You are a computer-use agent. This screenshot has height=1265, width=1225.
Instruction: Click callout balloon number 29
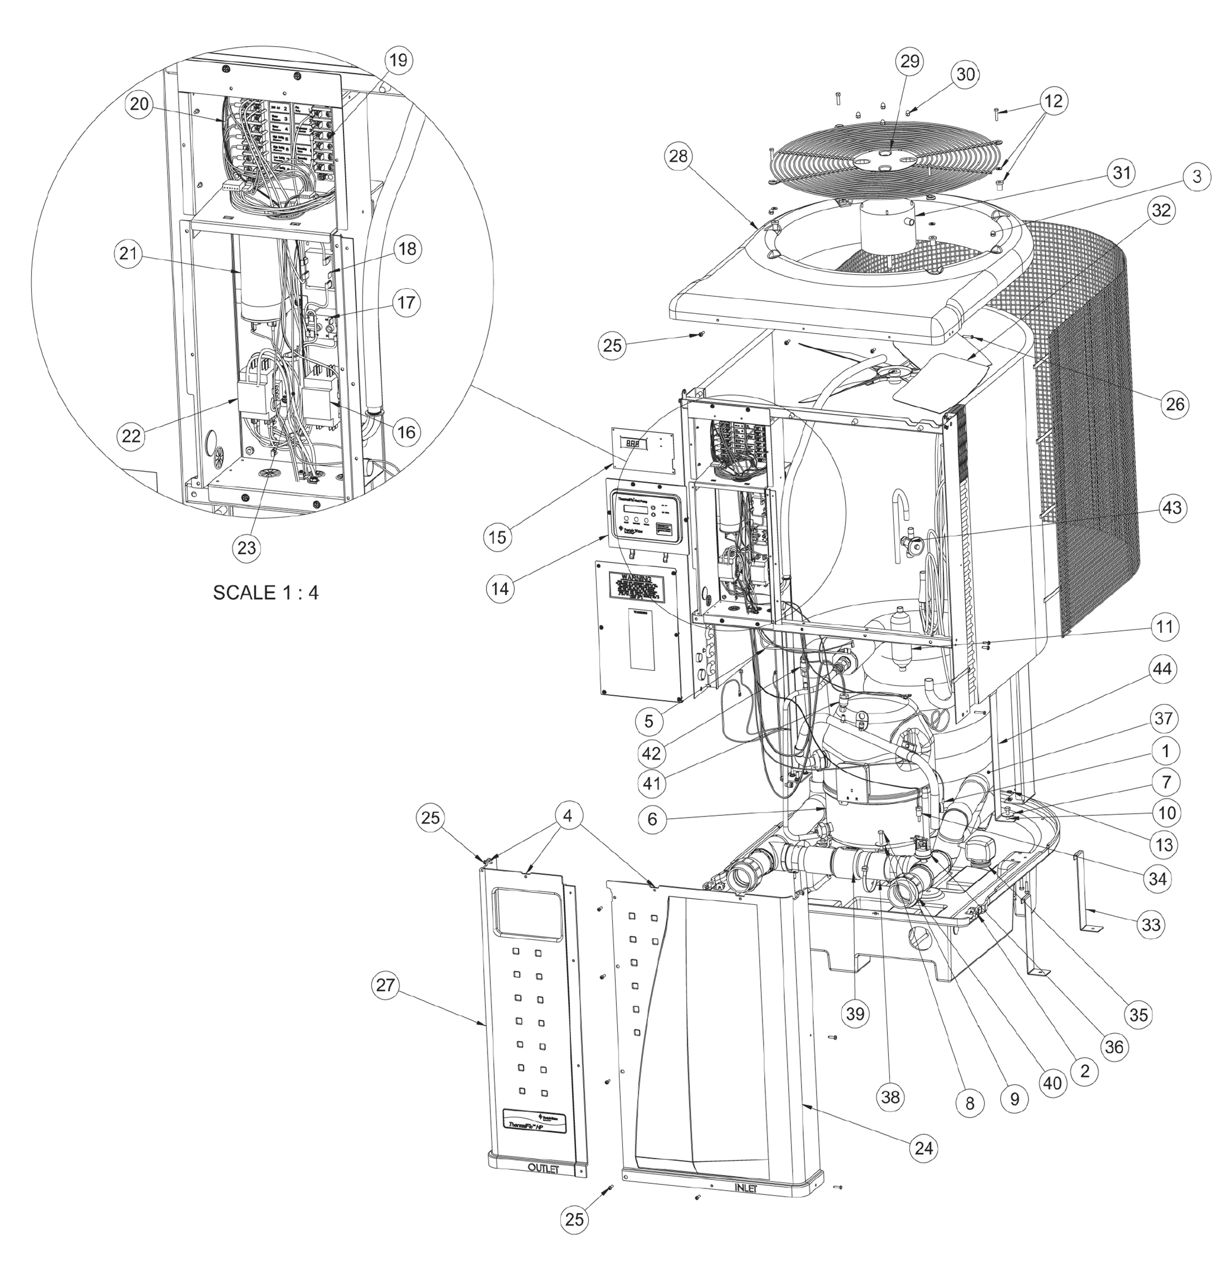909,62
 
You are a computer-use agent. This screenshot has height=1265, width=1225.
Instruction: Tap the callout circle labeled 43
1172,508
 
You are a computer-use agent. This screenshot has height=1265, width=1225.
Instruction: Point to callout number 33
1152,925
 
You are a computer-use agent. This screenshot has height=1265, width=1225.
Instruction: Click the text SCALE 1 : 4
265,593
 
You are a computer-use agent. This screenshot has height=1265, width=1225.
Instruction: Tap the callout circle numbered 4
567,816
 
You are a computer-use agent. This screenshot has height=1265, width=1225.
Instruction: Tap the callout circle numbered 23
247,548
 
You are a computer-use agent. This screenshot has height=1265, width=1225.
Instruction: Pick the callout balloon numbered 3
1197,177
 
